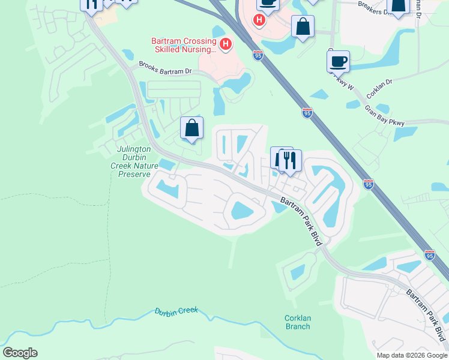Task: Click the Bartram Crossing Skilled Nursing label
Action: point(183,46)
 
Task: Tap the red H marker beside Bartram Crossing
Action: point(226,44)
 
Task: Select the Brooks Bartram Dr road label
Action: point(165,68)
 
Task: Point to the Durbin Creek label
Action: point(176,312)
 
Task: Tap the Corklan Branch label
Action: point(297,322)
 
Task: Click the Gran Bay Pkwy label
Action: point(385,116)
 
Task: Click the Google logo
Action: point(20,353)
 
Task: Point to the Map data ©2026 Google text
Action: point(411,355)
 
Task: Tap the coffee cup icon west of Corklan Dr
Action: point(339,61)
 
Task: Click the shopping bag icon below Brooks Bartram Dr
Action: point(192,127)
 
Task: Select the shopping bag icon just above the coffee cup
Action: point(303,26)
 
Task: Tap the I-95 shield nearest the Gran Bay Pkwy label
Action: point(307,113)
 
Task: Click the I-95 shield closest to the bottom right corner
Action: point(429,254)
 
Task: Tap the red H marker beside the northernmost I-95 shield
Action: point(259,20)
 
